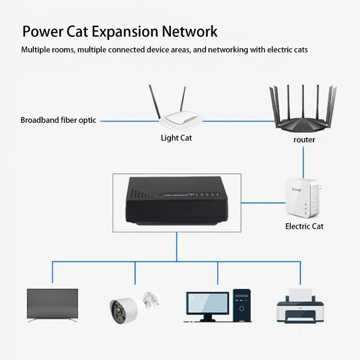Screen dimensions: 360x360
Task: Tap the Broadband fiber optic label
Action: tap(58, 121)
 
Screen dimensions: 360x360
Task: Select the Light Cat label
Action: tap(176, 138)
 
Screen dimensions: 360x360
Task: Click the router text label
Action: tap(304, 139)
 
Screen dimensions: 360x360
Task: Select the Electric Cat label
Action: tap(304, 226)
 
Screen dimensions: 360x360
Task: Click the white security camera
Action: tap(130, 306)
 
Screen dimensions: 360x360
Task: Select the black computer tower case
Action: tap(242, 305)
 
